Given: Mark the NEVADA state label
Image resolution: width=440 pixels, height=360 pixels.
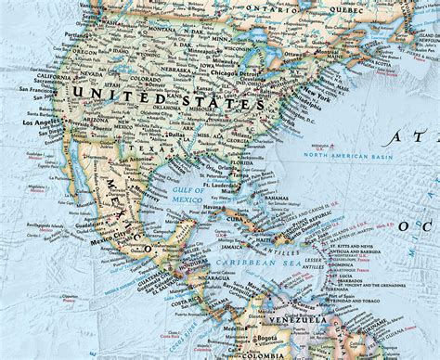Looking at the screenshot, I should [45, 75].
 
